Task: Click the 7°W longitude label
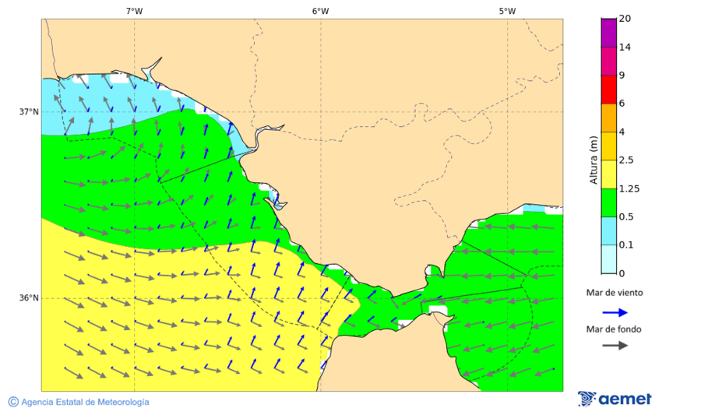134,11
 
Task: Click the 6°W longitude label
320,11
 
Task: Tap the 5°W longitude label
507,11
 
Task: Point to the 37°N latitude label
29,111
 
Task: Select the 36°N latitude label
29,297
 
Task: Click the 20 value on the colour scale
625,19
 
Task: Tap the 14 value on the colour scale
625,47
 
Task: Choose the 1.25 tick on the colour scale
628,188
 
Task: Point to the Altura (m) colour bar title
594,160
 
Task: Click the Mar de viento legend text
615,293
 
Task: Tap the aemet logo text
625,399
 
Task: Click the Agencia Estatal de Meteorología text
85,402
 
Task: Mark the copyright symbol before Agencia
13,402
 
